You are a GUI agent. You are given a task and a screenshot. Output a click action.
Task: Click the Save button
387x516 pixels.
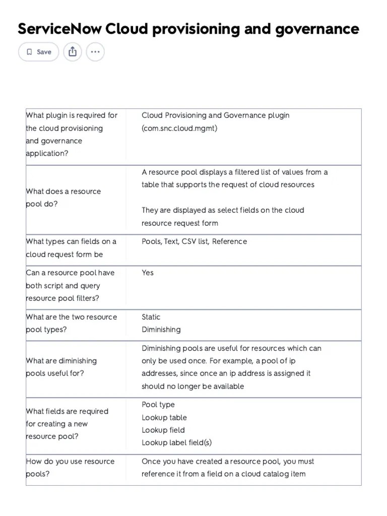pyautogui.click(x=39, y=52)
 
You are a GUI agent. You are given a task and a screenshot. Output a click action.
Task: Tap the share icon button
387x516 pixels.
pyautogui.click(x=73, y=52)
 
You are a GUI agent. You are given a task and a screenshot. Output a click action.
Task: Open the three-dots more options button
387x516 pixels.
pyautogui.click(x=95, y=52)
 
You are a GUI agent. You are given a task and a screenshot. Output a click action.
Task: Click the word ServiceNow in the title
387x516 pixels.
pyautogui.click(x=59, y=29)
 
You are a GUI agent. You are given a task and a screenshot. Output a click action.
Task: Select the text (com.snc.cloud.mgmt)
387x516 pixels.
pyautogui.click(x=179, y=128)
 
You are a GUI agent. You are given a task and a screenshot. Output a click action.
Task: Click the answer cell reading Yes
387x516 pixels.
pyautogui.click(x=148, y=273)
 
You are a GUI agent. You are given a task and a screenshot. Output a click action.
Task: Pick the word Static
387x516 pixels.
pyautogui.click(x=151, y=317)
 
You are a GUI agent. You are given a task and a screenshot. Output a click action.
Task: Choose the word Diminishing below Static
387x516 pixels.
pyautogui.click(x=161, y=330)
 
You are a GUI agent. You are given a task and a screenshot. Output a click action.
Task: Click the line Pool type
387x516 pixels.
pyautogui.click(x=158, y=405)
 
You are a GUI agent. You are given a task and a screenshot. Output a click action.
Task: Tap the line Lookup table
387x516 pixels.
pyautogui.click(x=164, y=417)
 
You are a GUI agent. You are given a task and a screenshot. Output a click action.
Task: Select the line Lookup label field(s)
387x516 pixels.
pyautogui.click(x=177, y=442)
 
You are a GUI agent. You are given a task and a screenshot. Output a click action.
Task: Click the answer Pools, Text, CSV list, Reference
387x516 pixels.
pyautogui.click(x=195, y=241)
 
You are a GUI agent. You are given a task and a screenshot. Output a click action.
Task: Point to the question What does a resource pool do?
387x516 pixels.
pyautogui.click(x=63, y=198)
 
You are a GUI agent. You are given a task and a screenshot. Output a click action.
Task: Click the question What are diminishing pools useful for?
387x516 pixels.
pyautogui.click(x=61, y=367)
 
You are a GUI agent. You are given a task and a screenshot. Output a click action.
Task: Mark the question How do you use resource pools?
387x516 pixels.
pyautogui.click(x=70, y=468)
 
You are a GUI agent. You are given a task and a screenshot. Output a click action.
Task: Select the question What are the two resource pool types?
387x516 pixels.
pyautogui.click(x=71, y=323)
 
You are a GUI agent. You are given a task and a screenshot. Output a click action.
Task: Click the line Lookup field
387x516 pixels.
pyautogui.click(x=163, y=430)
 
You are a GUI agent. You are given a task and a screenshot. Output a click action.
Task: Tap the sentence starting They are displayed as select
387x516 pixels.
pyautogui.click(x=223, y=216)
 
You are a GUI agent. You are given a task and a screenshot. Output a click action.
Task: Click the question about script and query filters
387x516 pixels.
pyautogui.click(x=70, y=285)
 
